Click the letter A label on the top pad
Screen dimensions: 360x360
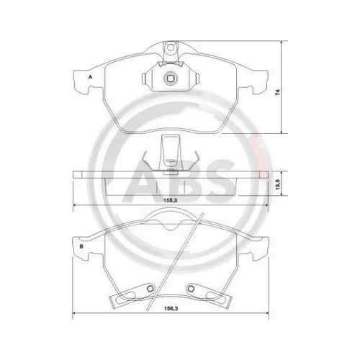coord(91,76)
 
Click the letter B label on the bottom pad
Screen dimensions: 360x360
coord(81,247)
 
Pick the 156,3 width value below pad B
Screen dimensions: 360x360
coord(171,312)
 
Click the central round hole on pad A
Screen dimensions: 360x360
coord(171,79)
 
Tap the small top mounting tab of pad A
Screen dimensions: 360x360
coord(171,48)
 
